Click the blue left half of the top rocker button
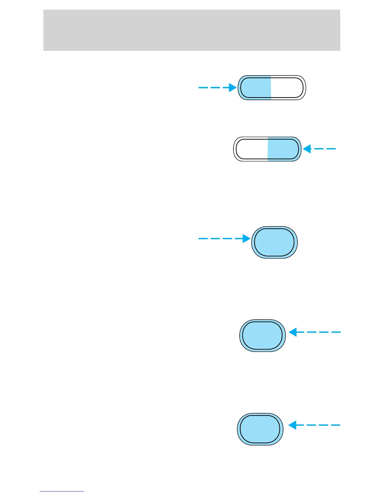[255, 88]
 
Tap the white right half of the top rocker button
[287, 88]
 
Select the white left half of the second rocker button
[251, 149]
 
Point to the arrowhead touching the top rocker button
[233, 88]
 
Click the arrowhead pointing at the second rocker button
[307, 149]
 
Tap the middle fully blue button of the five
[274, 242]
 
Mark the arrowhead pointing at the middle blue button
[247, 239]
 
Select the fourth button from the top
[262, 336]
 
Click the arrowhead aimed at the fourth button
[292, 332]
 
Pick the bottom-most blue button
[260, 429]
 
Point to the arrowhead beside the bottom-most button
[292, 425]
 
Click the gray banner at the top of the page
[191, 30]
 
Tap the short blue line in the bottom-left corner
[61, 491]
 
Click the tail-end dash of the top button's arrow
[202, 88]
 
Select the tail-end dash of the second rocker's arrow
[332, 149]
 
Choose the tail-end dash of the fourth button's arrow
[336, 332]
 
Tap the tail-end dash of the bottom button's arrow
[335, 425]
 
